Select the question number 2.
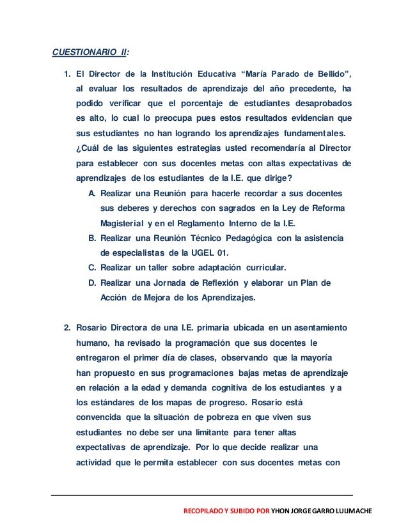[x=67, y=328]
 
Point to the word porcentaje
[x=209, y=103]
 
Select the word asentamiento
[x=318, y=328]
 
